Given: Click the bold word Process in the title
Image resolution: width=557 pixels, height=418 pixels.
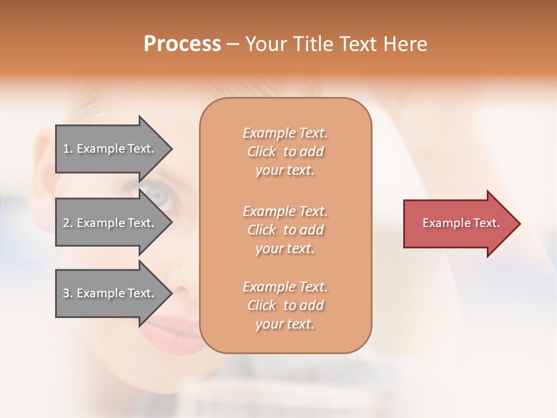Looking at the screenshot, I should click(182, 44).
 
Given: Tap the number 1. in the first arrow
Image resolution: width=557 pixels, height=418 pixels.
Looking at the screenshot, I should click(68, 149).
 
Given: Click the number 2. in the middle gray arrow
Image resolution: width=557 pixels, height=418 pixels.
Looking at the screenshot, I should click(68, 223).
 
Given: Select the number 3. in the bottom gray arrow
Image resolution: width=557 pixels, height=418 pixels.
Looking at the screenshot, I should click(68, 293).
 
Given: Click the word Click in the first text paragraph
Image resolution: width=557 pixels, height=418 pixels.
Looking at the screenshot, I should click(262, 152).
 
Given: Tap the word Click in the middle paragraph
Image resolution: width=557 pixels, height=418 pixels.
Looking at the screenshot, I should click(262, 230).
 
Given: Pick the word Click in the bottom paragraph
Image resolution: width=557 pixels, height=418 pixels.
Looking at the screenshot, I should click(262, 306).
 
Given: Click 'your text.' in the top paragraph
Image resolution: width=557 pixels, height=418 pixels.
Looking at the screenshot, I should click(285, 171).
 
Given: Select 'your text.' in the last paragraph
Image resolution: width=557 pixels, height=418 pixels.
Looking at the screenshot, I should click(285, 325).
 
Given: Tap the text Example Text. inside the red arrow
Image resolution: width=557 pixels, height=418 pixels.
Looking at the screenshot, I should click(461, 223).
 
